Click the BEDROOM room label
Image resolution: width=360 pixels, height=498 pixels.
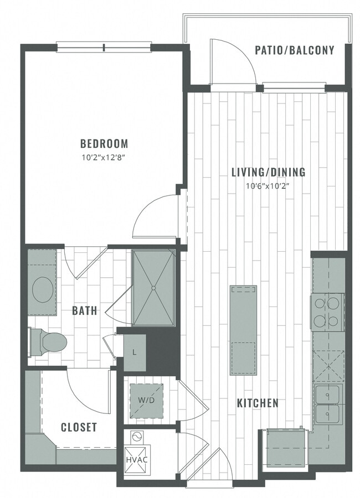click(x=104, y=144)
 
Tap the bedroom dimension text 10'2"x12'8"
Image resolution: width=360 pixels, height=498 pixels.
click(x=104, y=157)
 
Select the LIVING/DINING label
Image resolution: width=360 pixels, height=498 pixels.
click(x=268, y=172)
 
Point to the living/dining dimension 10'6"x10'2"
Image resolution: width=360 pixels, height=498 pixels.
click(x=268, y=186)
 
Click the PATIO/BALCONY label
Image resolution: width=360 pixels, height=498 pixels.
click(x=294, y=50)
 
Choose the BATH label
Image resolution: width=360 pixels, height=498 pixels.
click(x=85, y=310)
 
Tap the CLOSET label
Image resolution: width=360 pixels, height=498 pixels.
click(x=79, y=427)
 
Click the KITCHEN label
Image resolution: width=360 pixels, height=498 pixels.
click(x=258, y=403)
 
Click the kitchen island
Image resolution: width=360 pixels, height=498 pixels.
click(x=243, y=330)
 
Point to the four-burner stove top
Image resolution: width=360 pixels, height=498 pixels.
click(x=327, y=313)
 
